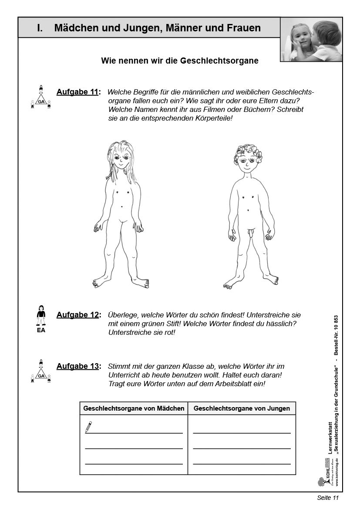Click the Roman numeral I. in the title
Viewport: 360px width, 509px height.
[x=40, y=28]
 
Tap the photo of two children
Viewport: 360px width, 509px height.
[x=311, y=40]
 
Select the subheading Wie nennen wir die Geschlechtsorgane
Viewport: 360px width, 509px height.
[x=179, y=61]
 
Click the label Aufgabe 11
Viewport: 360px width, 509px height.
[x=77, y=92]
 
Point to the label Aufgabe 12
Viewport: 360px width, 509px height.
[x=77, y=315]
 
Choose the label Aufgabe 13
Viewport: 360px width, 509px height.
[x=77, y=366]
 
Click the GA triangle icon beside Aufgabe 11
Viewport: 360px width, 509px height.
[x=41, y=98]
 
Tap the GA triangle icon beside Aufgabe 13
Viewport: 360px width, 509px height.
[x=41, y=372]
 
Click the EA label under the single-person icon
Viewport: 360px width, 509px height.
[x=41, y=330]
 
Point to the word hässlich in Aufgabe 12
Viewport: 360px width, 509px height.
[x=280, y=324]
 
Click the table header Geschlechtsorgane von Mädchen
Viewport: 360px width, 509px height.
[x=134, y=408]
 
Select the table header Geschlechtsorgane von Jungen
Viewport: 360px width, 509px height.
[x=242, y=408]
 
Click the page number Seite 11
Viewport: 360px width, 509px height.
[x=327, y=498]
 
